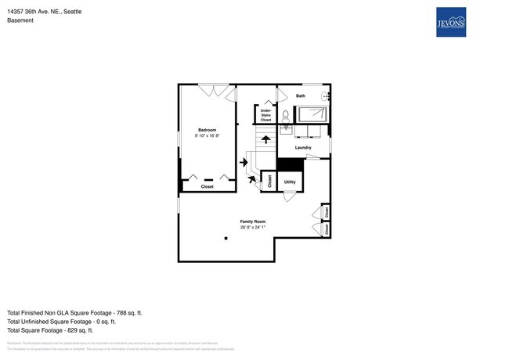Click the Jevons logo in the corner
450,23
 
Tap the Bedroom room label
207,129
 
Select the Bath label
301,95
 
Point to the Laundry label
304,148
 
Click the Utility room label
290,182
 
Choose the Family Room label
253,221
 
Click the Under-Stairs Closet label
265,115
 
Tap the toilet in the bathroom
285,115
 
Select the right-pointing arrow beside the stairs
244,163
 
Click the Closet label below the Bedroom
208,186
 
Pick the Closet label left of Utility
270,181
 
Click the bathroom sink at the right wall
327,95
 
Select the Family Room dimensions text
253,228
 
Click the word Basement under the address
20,20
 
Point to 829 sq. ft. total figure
99,329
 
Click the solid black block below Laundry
290,164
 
